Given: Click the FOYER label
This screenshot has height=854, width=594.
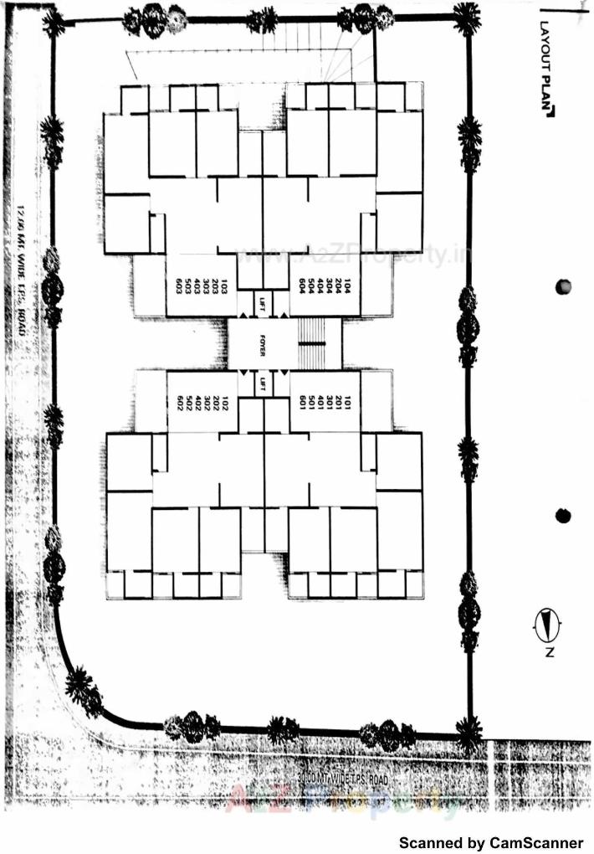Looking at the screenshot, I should [x=262, y=343].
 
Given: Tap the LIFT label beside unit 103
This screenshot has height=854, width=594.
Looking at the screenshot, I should [x=262, y=301].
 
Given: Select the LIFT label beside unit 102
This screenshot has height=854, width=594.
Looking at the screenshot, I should [x=262, y=384].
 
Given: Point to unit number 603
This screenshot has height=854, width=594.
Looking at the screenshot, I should [x=179, y=285].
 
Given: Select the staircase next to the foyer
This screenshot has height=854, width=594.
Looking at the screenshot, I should [x=313, y=343].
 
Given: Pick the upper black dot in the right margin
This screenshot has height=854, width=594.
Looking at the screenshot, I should [x=563, y=286].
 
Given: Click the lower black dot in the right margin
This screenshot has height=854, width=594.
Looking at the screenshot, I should [x=563, y=516].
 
